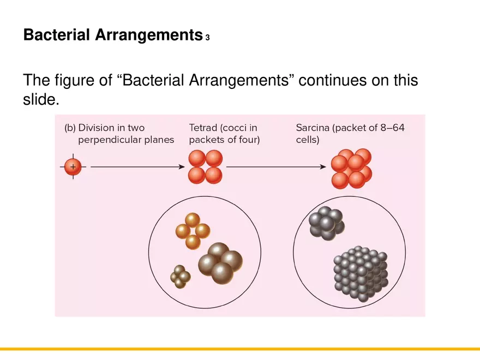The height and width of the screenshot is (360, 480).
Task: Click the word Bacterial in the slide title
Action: coord(57,35)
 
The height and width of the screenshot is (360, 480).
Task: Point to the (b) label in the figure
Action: coord(70,128)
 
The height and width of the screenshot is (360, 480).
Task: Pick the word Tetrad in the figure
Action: coord(202,128)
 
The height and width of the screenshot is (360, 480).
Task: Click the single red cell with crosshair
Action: coord(73,166)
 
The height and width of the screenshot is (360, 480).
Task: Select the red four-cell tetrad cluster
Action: coord(205,166)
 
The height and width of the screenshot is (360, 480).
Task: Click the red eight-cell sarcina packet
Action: coord(351,168)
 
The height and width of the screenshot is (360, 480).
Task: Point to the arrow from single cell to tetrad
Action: coord(136,166)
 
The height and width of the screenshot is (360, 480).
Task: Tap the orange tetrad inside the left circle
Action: coord(193,231)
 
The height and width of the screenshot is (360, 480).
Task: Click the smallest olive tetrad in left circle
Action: coord(180,277)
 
